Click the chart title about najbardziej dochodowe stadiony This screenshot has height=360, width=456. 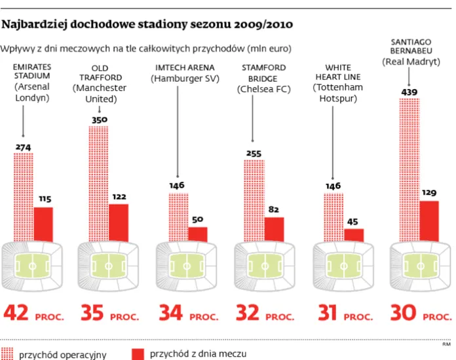tap(147, 26)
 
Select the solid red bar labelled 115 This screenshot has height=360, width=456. tap(43, 224)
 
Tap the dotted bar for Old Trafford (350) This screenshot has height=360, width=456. tap(98, 183)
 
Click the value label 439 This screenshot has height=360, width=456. tap(409, 92)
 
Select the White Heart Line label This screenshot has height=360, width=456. tap(337, 82)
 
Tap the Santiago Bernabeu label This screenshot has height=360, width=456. tap(411, 51)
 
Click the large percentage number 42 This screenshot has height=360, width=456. tap(18, 315)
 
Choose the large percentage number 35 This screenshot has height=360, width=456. tap(93, 315)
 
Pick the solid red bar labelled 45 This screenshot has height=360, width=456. tap(353, 234)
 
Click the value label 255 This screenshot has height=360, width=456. tap(253, 154)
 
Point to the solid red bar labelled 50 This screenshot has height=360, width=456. tap(197, 234)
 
